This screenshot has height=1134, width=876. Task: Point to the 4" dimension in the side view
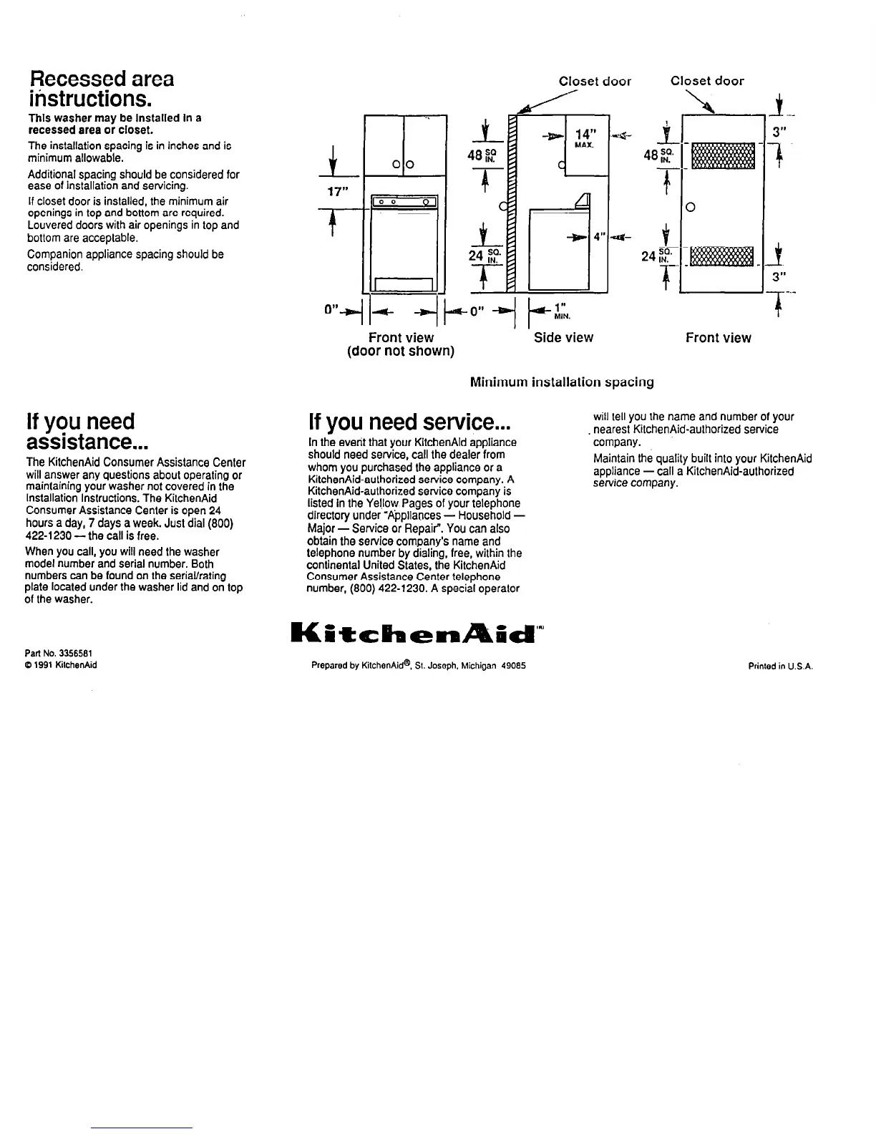click(598, 236)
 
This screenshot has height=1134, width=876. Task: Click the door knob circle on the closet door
click(690, 208)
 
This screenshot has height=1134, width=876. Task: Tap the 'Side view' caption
click(563, 337)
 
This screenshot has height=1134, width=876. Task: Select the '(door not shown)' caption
click(401, 352)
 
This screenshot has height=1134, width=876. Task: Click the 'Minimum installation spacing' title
click(562, 382)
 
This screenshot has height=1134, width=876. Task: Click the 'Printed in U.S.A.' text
click(780, 666)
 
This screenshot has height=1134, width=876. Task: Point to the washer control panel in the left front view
click(401, 202)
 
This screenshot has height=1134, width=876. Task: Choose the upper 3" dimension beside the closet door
click(779, 132)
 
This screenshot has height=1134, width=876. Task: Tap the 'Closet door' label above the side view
click(595, 81)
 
